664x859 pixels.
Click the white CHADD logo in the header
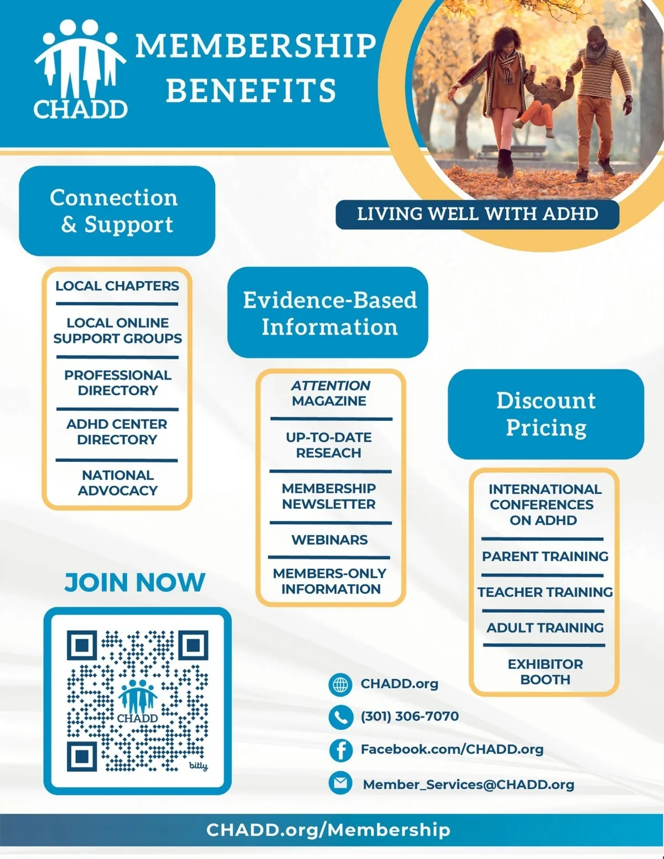click(80, 70)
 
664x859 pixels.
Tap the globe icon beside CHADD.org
click(340, 684)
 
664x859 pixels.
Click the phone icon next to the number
click(340, 717)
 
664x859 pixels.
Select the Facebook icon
click(340, 750)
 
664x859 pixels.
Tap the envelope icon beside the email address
click(340, 783)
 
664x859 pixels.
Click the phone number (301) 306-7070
click(409, 716)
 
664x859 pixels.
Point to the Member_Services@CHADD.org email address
click(469, 785)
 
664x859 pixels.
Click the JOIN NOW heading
click(135, 582)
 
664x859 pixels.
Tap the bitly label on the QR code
click(199, 766)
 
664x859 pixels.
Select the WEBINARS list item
click(329, 540)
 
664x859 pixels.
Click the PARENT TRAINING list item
click(545, 556)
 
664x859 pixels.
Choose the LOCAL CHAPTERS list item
click(117, 286)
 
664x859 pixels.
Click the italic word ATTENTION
click(330, 386)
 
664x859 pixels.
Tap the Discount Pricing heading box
click(546, 414)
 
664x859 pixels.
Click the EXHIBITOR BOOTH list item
click(546, 672)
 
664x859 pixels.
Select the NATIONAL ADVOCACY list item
click(118, 483)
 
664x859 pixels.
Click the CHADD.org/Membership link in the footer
click(328, 830)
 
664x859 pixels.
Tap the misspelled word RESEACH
click(329, 453)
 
